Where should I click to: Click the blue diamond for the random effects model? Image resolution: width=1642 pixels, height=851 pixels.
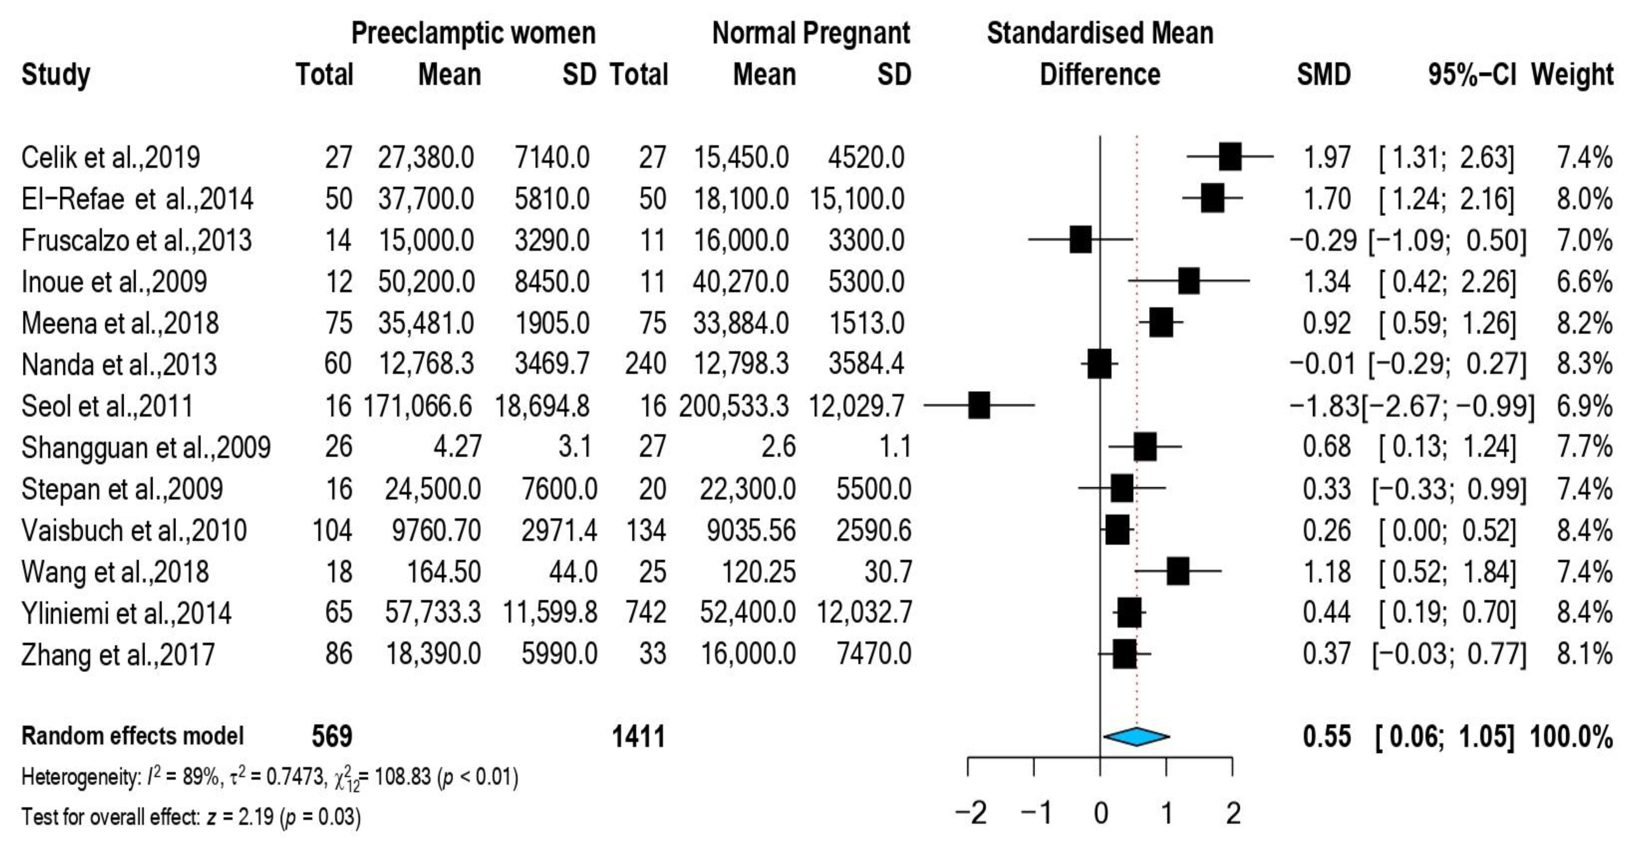pos(1137,736)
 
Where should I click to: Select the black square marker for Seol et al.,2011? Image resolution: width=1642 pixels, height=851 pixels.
pos(979,405)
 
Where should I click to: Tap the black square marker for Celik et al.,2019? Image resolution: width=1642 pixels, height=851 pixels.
pos(1229,157)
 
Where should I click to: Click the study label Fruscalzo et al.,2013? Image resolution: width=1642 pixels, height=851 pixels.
pos(136,240)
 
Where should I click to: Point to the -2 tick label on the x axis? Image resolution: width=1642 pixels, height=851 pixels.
pos(970,814)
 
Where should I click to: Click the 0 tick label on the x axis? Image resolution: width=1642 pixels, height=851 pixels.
pos(1100,814)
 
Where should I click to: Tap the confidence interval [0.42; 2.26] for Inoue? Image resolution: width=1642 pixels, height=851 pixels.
pos(1447,282)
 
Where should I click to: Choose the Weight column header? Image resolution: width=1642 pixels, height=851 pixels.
pos(1572,75)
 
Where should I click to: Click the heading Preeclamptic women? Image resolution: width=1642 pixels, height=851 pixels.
pos(473,33)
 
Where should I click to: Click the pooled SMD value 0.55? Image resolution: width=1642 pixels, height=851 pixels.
pos(1326,737)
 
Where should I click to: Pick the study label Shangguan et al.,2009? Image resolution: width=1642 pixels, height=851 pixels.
pos(146,447)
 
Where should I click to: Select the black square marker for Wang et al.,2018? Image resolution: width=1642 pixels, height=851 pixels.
pos(1178,571)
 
